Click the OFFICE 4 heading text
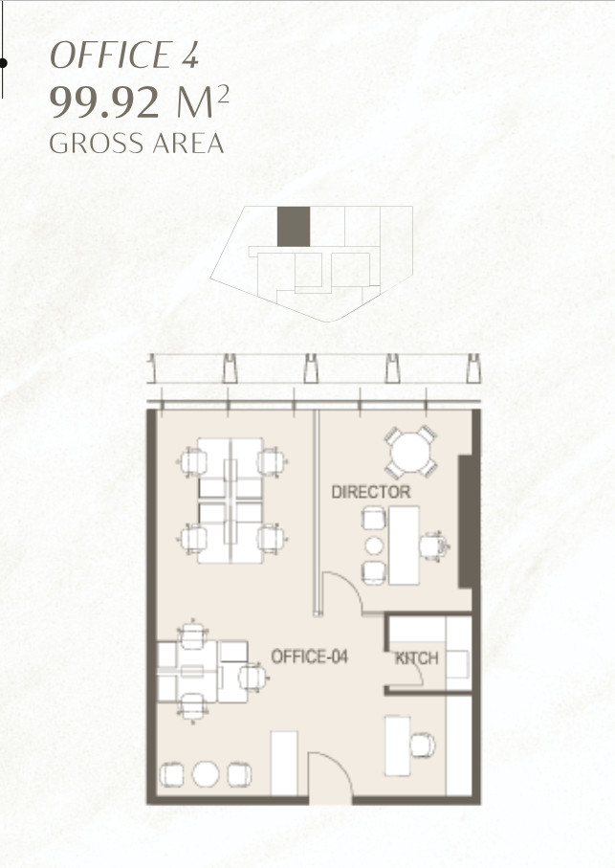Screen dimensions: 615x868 click(124, 56)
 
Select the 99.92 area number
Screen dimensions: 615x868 click(105, 103)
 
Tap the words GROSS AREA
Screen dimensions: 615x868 click(137, 144)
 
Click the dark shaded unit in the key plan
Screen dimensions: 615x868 click(293, 227)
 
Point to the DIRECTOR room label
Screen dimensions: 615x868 click(371, 492)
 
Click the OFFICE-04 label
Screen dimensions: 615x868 click(309, 657)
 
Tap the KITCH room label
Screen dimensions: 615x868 click(416, 658)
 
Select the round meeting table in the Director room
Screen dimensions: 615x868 click(411, 453)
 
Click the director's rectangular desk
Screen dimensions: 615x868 click(404, 545)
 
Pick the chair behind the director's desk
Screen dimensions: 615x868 click(433, 545)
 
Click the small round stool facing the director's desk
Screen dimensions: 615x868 click(374, 545)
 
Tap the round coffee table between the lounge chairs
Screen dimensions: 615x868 click(206, 774)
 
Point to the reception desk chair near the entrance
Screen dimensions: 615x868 click(423, 746)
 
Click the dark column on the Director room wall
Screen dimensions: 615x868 click(466, 521)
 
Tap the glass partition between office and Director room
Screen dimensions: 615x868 click(317, 513)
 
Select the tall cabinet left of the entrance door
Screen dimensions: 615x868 click(284, 764)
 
